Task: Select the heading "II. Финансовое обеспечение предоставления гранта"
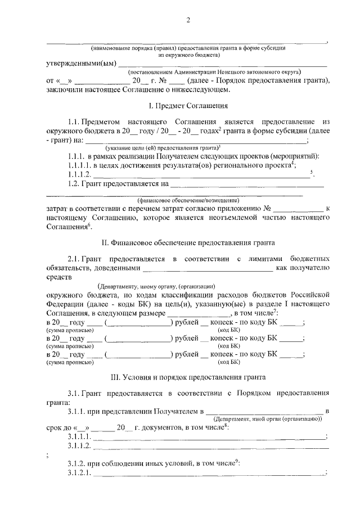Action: click(188, 243)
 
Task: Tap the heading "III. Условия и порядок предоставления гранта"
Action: click(187, 376)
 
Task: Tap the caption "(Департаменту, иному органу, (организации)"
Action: click(156, 286)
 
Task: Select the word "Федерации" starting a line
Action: click(62, 304)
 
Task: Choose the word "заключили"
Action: click(64, 89)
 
